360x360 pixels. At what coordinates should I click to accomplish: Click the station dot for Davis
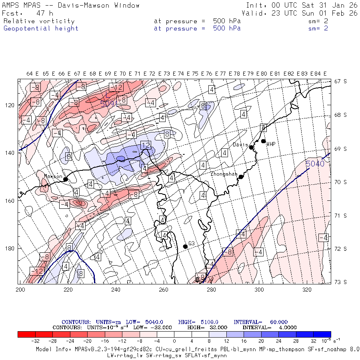(251, 147)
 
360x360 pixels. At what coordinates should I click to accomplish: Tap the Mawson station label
(53, 176)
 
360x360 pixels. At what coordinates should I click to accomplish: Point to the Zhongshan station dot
(241, 177)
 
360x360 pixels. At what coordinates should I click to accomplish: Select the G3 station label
(192, 243)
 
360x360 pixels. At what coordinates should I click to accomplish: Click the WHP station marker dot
(263, 141)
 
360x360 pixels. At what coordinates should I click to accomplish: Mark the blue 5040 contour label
(315, 164)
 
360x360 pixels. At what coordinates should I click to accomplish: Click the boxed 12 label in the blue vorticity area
(146, 145)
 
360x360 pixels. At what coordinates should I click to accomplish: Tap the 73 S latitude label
(340, 282)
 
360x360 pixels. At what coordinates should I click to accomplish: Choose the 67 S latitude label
(340, 82)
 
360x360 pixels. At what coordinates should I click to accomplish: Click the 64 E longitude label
(32, 74)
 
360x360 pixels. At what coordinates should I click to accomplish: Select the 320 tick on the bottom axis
(307, 289)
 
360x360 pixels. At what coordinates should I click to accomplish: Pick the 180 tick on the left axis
(10, 248)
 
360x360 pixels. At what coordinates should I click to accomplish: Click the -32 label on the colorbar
(35, 342)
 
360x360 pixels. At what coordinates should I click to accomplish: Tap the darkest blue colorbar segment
(322, 334)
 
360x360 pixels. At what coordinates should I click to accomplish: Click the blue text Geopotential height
(41, 28)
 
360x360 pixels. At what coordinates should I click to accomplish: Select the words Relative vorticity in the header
(39, 21)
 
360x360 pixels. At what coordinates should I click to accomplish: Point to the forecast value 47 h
(44, 13)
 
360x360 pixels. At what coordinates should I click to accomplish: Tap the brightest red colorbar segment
(27, 334)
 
